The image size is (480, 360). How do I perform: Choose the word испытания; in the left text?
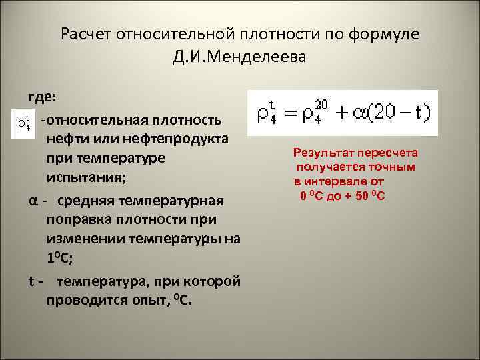click(82, 179)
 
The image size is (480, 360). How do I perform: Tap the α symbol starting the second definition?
click(33, 200)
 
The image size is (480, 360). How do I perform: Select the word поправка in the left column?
click(77, 219)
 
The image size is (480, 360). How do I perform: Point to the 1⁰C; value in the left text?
click(61, 259)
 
